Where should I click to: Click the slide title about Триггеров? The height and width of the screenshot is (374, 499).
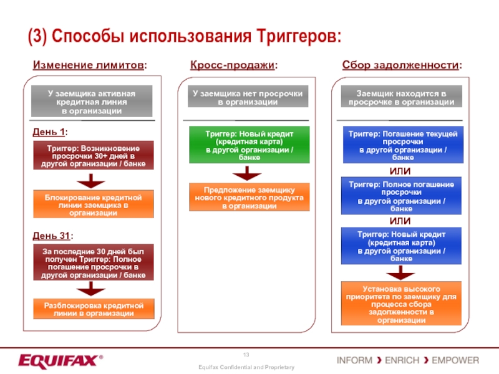pyautogui.click(x=185, y=36)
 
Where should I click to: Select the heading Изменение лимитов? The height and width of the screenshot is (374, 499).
pyautogui.click(x=90, y=65)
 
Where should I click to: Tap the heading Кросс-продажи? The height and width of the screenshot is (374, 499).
pyautogui.click(x=233, y=65)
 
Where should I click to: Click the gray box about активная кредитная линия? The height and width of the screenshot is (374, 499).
pyautogui.click(x=92, y=102)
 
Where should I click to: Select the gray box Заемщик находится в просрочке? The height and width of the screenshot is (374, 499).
pyautogui.click(x=402, y=97)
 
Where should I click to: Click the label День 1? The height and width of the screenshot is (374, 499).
pyautogui.click(x=50, y=132)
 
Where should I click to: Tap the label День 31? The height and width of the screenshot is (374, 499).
pyautogui.click(x=52, y=236)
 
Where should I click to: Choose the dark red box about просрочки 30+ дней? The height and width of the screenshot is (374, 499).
pyautogui.click(x=93, y=156)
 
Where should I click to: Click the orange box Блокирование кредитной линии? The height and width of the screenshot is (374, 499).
pyautogui.click(x=93, y=205)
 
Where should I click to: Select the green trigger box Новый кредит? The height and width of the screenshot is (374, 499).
pyautogui.click(x=249, y=145)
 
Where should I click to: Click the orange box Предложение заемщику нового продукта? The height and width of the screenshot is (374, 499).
pyautogui.click(x=249, y=198)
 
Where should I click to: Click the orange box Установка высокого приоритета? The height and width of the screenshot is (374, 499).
pyautogui.click(x=402, y=304)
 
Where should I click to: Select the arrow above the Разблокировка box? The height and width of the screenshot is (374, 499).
pyautogui.click(x=91, y=289)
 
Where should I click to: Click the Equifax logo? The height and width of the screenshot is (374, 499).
pyautogui.click(x=59, y=361)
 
